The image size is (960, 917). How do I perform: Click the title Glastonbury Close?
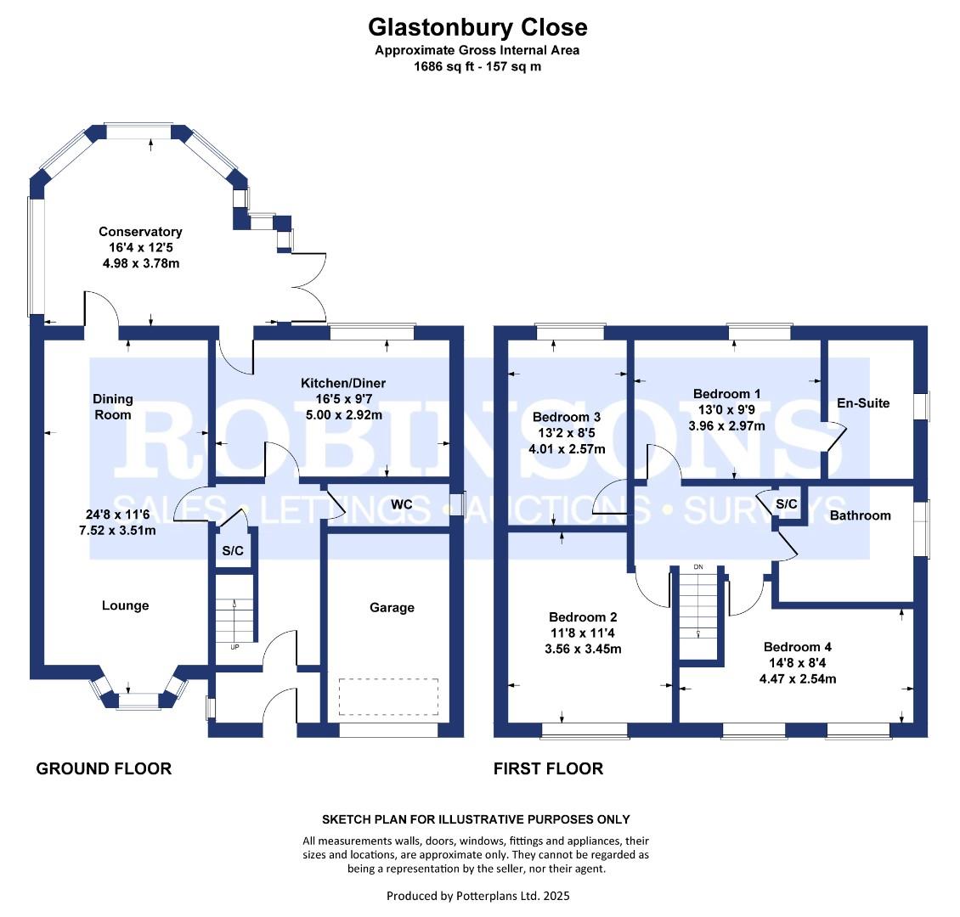point(477,27)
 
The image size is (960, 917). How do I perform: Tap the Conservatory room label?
point(140,232)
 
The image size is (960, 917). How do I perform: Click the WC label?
point(402,505)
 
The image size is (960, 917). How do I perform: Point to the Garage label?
point(392,607)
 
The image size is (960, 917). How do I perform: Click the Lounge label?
point(125,605)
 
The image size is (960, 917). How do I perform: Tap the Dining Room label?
point(113,407)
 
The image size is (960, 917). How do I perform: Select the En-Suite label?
point(863,403)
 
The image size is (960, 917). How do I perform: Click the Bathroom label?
point(860,515)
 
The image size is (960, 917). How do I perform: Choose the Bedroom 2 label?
point(583,617)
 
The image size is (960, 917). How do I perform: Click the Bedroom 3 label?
point(567,417)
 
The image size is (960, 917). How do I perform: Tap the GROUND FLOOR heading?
point(104,768)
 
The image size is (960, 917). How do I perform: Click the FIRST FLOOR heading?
point(548,768)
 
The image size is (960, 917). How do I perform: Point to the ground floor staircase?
point(234,609)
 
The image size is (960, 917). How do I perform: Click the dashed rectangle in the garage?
point(388,695)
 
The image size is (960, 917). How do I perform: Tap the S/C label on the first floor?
point(787,504)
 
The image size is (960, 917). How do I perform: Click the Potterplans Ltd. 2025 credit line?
point(477,895)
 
